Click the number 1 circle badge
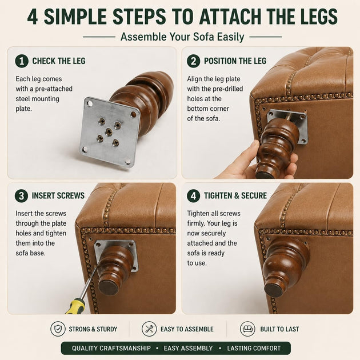[x=22, y=61]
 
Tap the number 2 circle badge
[x=193, y=61]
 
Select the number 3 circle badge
[x=21, y=195]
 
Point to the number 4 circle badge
[x=193, y=195]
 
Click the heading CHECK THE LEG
[x=59, y=61]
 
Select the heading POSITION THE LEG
[x=235, y=61]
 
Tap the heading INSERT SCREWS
[x=58, y=195]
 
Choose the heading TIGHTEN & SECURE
[x=235, y=195]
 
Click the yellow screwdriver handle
[x=75, y=306]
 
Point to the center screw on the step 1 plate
[x=109, y=131]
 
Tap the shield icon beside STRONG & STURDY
[x=58, y=329]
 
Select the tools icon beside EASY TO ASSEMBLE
[x=149, y=329]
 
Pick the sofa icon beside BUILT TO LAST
[x=247, y=329]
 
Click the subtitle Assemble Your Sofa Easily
[x=182, y=37]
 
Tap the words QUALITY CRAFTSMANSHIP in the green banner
[x=111, y=349]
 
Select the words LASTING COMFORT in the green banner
[x=254, y=349]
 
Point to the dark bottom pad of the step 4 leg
[x=274, y=290]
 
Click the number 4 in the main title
[x=33, y=17]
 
